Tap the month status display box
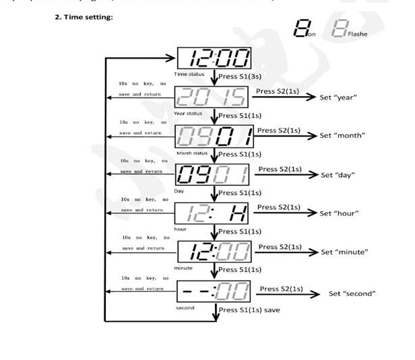(213, 137)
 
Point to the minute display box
(213, 253)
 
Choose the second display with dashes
(213, 291)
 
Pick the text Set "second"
(352, 293)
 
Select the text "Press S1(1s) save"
(249, 310)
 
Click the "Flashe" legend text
(358, 34)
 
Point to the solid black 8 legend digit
(302, 28)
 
